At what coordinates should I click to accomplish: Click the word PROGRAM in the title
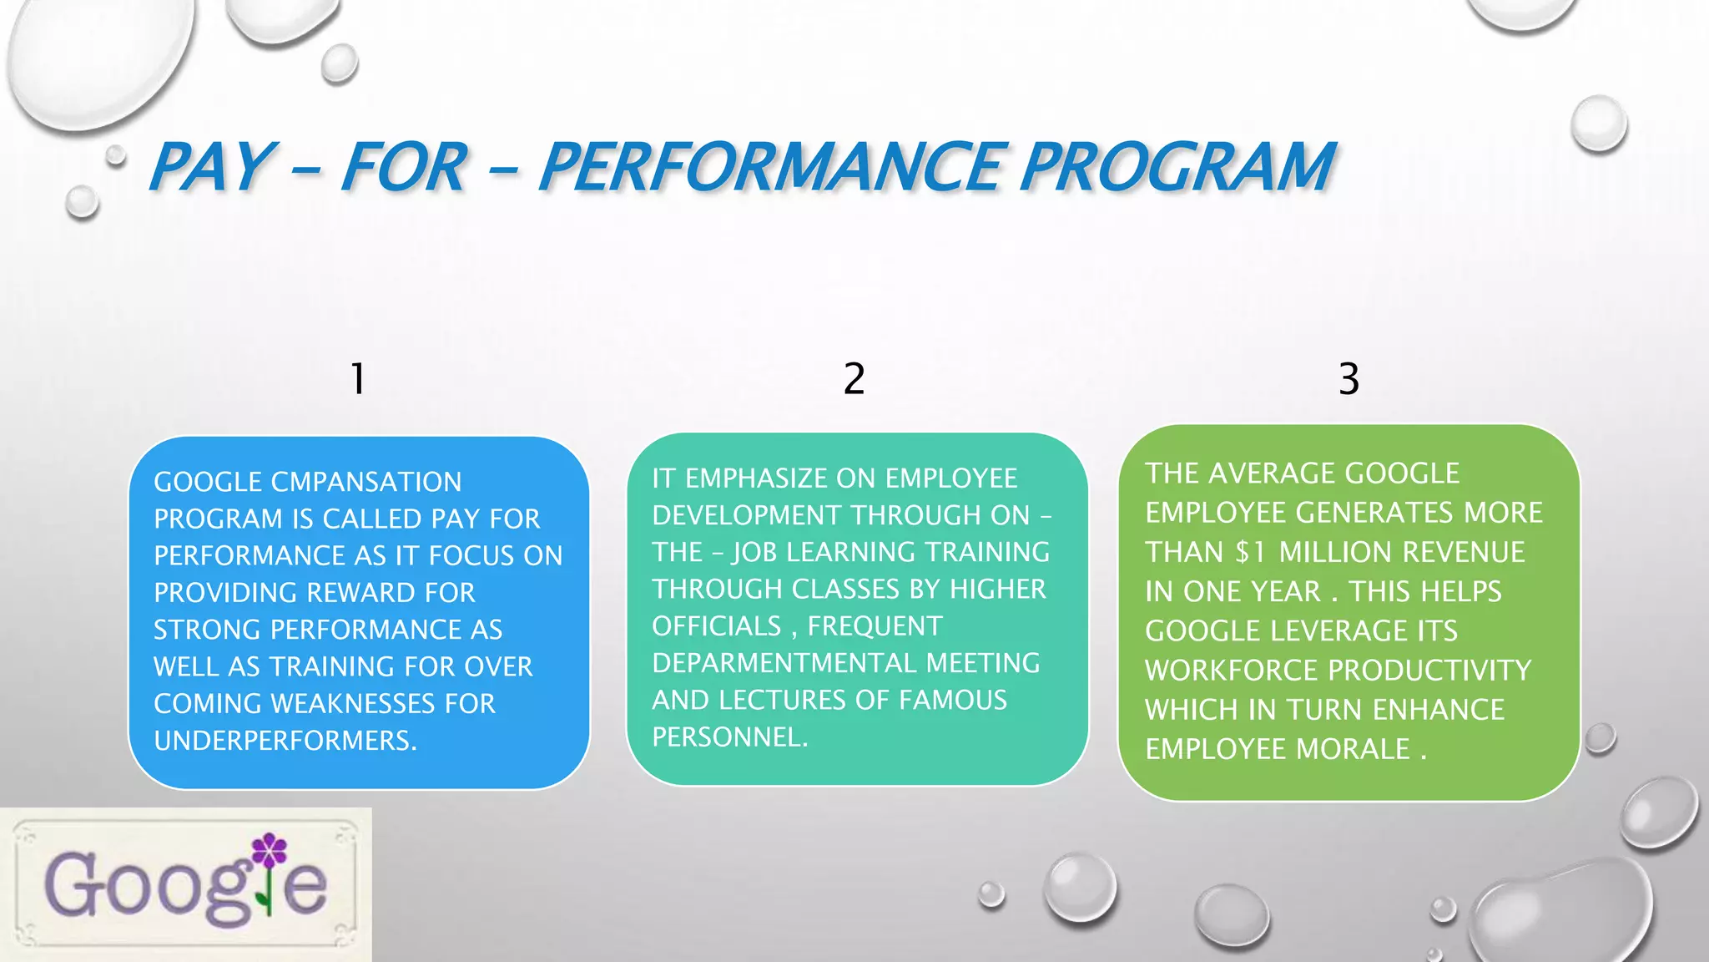point(1177,167)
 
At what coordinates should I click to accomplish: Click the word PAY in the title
point(209,167)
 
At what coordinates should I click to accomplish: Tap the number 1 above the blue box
point(358,379)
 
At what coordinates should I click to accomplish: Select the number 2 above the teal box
point(854,379)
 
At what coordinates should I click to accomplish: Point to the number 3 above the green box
point(1349,379)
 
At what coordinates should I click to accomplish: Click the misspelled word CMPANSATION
point(366,482)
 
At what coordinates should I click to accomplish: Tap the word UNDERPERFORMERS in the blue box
point(285,741)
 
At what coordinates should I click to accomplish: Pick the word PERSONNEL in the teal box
point(729,737)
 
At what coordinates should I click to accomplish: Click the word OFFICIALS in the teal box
point(717,626)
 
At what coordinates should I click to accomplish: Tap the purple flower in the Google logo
point(269,850)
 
